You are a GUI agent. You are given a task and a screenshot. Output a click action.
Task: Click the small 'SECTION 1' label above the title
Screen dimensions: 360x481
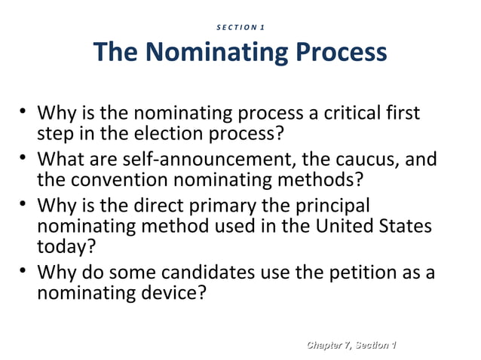(x=240, y=28)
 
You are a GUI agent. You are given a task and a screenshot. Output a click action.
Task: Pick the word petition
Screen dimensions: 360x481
(x=360, y=271)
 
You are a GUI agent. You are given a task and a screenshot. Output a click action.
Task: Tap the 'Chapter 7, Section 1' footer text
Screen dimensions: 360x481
(x=349, y=344)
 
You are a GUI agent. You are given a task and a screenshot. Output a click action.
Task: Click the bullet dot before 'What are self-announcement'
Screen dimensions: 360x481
(x=24, y=158)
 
